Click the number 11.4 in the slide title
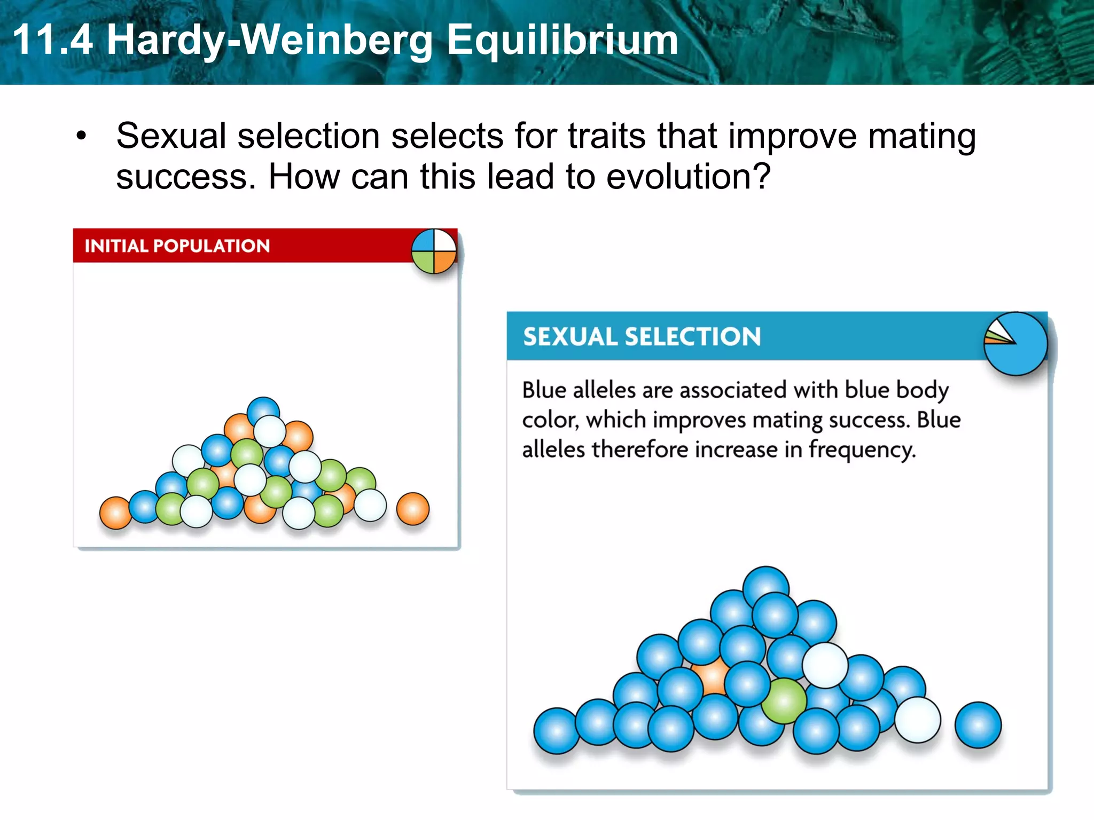(x=52, y=40)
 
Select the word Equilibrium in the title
(x=562, y=41)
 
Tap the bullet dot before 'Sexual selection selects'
(x=81, y=136)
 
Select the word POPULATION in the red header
(x=212, y=246)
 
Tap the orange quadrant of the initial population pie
(x=444, y=261)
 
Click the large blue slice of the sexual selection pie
(x=1023, y=352)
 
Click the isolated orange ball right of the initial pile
(x=412, y=509)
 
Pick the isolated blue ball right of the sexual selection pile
(x=978, y=725)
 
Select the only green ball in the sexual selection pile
(x=783, y=701)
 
